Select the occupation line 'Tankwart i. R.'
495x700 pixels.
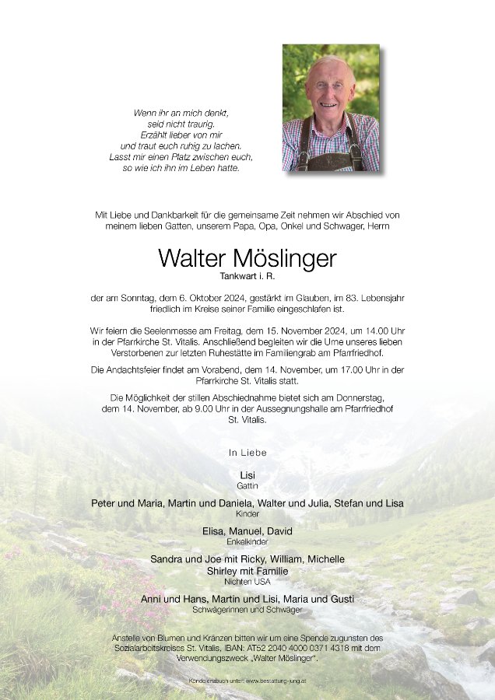pos(247,276)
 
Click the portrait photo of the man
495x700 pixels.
pos(331,107)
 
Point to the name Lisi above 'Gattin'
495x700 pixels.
pos(247,474)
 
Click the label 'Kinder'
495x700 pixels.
pos(247,514)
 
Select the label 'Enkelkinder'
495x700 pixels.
pos(247,541)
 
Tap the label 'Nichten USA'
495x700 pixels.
pos(247,581)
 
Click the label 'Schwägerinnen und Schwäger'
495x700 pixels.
pos(247,609)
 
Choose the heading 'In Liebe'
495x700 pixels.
pos(247,452)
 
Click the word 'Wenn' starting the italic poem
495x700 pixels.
pos(146,113)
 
